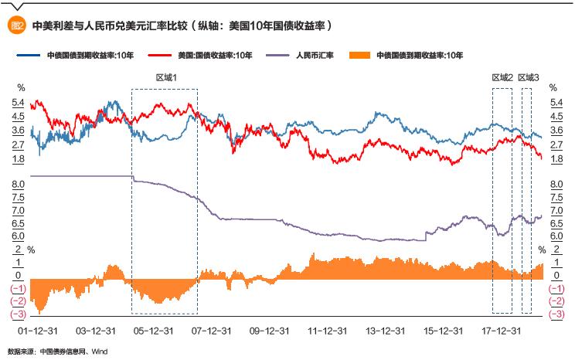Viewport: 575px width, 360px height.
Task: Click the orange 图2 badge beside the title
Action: pos(18,25)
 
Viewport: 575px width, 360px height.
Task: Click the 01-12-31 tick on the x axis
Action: pos(35,330)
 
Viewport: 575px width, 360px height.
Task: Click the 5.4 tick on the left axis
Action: pos(18,103)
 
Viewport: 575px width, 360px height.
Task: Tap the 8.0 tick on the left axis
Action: pos(18,184)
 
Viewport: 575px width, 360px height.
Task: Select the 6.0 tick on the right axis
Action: pos(556,236)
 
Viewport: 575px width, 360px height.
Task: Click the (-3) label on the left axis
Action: pos(17,314)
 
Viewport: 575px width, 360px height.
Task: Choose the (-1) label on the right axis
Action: pos(556,288)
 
